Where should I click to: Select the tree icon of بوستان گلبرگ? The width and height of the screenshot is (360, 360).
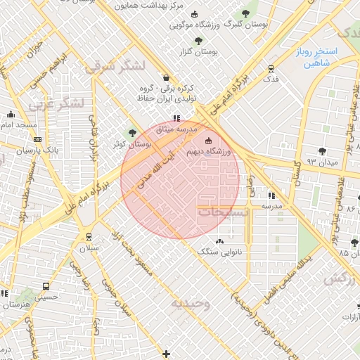(x=245, y=14)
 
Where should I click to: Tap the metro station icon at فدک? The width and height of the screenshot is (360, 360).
(x=271, y=68)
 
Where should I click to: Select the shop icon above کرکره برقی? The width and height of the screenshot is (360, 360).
(x=165, y=78)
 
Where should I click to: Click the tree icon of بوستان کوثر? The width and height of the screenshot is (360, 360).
(x=131, y=133)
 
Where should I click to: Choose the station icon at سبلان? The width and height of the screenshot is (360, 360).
(x=89, y=237)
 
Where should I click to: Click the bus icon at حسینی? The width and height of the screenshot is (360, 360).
(x=46, y=287)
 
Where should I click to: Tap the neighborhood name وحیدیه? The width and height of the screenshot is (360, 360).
(x=190, y=303)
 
